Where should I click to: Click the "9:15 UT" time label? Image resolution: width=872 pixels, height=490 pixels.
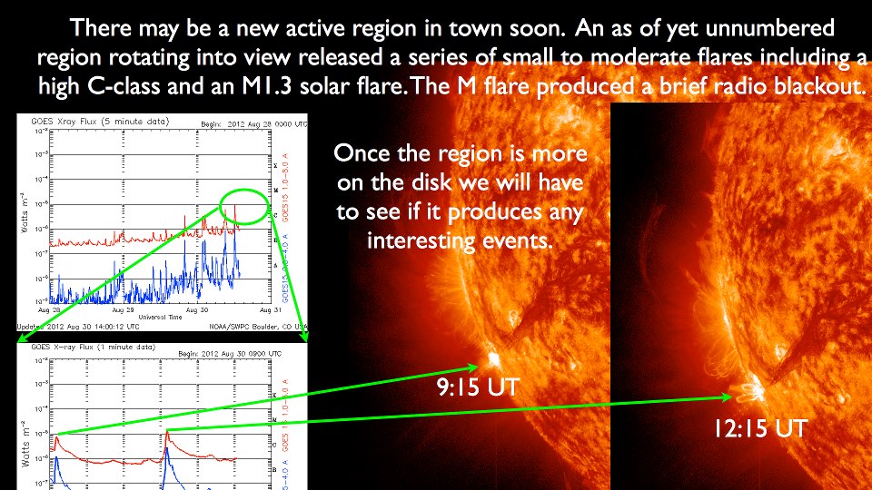pos(478,387)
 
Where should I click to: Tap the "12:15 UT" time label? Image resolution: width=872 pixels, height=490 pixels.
pos(759,428)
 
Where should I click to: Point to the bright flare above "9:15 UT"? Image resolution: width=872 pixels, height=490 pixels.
pos(494,356)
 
